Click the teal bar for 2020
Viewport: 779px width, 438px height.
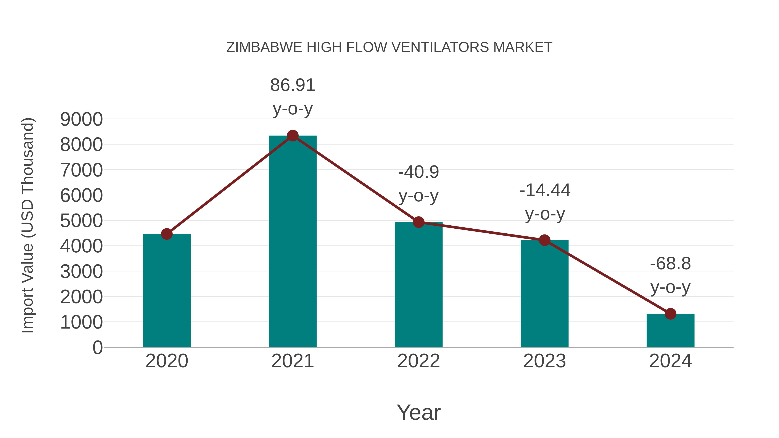[x=167, y=290]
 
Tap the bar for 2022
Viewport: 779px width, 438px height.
[x=418, y=284]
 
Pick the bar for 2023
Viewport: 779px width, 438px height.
[x=544, y=294]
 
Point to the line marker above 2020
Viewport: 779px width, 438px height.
[x=167, y=234]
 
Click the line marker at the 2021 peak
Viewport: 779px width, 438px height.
[x=292, y=136]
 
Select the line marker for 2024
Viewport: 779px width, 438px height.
[x=670, y=314]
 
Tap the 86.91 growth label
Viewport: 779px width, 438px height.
[x=292, y=85]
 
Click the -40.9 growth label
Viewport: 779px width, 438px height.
[x=418, y=172]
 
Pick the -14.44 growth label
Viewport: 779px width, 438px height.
[x=545, y=190]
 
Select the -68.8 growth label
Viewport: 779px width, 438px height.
[x=670, y=264]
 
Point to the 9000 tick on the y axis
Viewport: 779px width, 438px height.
[x=81, y=119]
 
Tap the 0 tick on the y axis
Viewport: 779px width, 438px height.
[x=97, y=347]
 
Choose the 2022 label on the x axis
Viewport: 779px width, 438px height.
[x=418, y=361]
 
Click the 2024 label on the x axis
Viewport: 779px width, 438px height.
[x=670, y=361]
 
